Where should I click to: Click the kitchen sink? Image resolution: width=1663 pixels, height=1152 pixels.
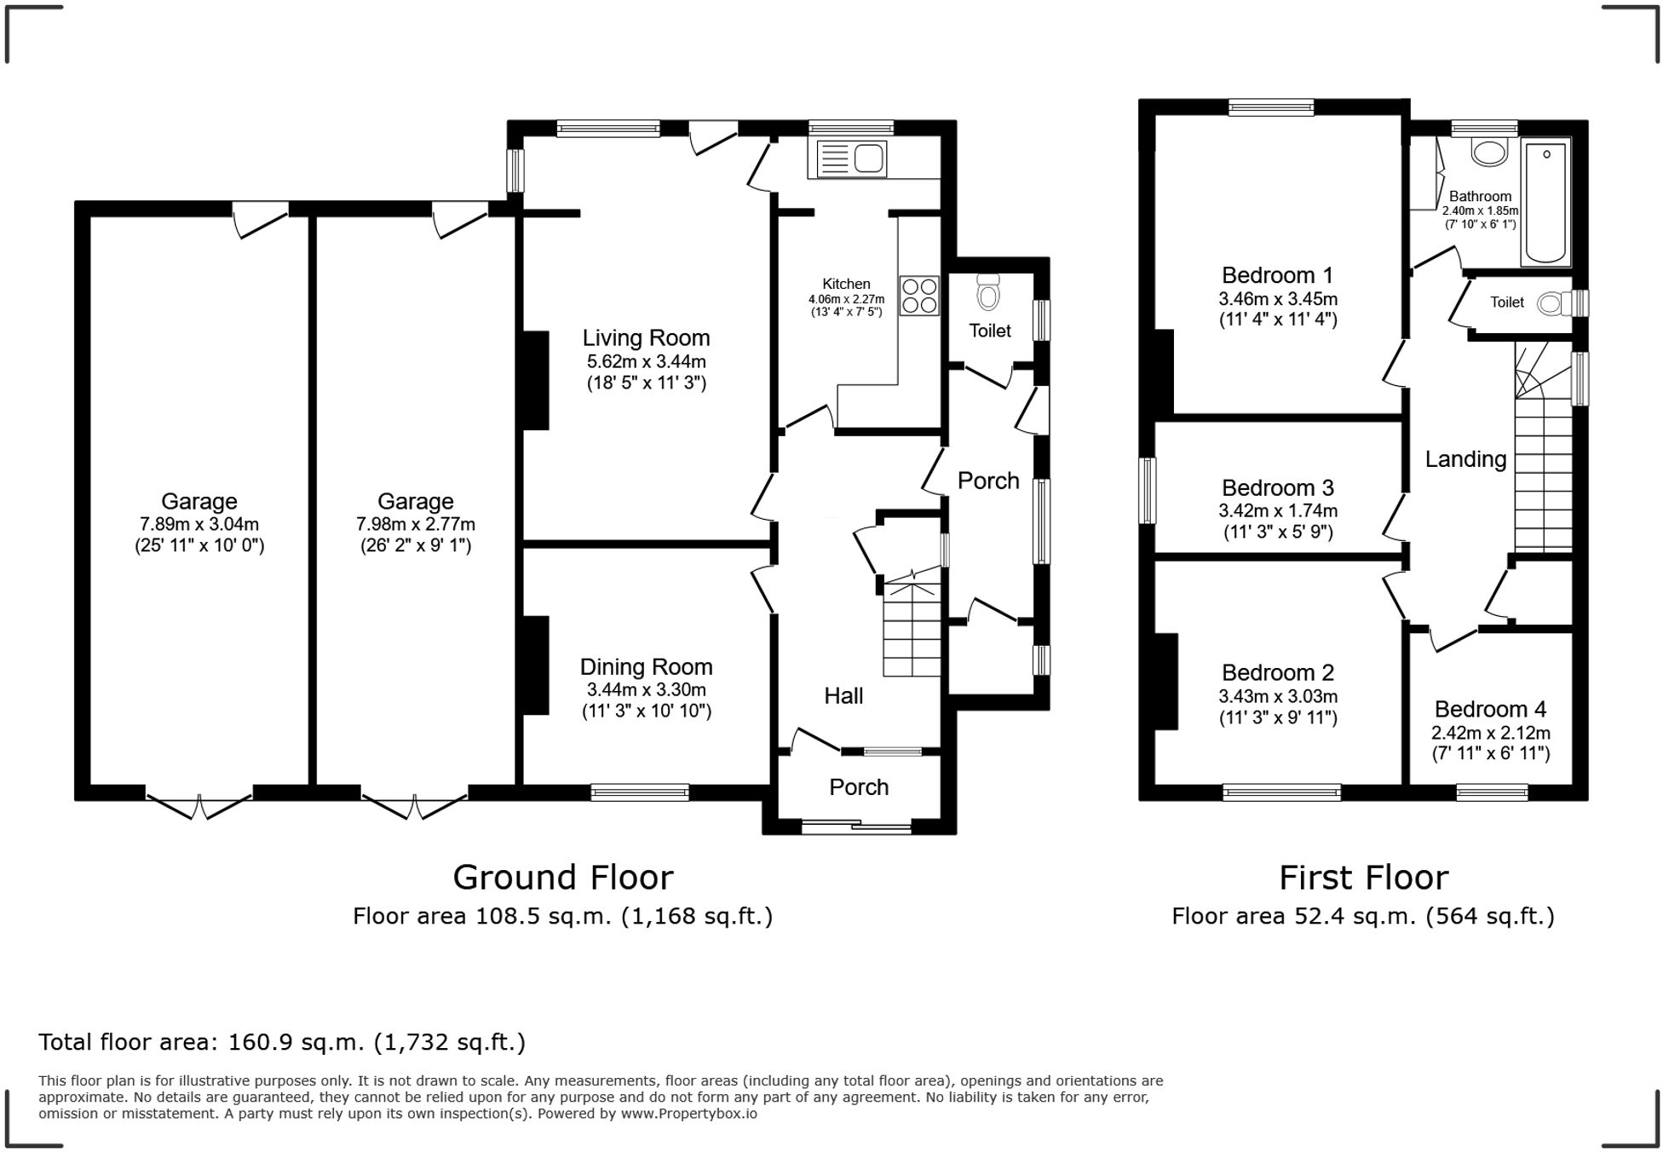[x=851, y=158]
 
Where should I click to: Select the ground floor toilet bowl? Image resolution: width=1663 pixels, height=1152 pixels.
[x=988, y=292]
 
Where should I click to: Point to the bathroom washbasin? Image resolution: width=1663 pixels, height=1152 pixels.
[x=1489, y=152]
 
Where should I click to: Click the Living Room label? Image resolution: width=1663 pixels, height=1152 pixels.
[x=646, y=338]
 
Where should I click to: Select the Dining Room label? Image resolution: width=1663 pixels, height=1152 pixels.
[x=646, y=667]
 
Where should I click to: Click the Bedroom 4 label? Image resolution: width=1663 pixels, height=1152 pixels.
[x=1490, y=710]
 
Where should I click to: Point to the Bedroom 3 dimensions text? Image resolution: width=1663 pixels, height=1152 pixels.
[x=1278, y=521]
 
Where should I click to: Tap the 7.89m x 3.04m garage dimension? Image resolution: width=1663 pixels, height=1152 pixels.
[x=199, y=524]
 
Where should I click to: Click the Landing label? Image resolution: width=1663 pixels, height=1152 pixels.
[x=1465, y=460]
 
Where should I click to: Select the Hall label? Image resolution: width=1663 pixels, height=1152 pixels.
[x=843, y=696]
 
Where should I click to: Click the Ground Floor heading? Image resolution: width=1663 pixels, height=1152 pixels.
[x=562, y=878]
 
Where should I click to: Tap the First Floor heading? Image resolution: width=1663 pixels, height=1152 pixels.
[x=1363, y=878]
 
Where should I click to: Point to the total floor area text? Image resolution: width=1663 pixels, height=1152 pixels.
[x=282, y=1042]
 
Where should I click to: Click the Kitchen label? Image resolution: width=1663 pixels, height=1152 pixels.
[x=846, y=284]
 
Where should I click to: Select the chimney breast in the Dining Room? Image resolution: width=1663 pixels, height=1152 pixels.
[x=535, y=665]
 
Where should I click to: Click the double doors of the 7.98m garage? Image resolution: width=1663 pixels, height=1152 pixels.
[x=415, y=806]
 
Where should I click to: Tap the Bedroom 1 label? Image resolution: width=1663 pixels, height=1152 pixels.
[x=1277, y=275]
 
